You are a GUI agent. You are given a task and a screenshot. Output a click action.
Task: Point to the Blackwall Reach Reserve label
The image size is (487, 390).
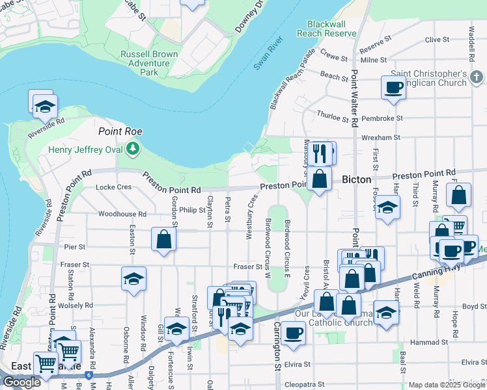click(327, 28)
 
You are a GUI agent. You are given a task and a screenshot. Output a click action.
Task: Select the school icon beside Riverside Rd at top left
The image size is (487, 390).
click(45, 105)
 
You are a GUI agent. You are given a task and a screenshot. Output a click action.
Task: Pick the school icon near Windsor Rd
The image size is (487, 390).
click(133, 279)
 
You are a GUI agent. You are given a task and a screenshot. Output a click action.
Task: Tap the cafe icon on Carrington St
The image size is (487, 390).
click(293, 333)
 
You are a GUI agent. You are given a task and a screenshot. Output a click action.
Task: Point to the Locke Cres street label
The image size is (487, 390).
click(113, 187)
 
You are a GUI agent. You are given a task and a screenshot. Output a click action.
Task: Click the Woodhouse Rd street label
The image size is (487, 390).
click(122, 214)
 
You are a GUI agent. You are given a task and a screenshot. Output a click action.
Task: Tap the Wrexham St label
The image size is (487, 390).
click(382, 138)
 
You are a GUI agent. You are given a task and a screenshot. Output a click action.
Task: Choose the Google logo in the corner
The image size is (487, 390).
click(21, 383)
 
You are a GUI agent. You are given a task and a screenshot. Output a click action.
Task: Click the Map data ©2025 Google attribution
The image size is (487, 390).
click(447, 385)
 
